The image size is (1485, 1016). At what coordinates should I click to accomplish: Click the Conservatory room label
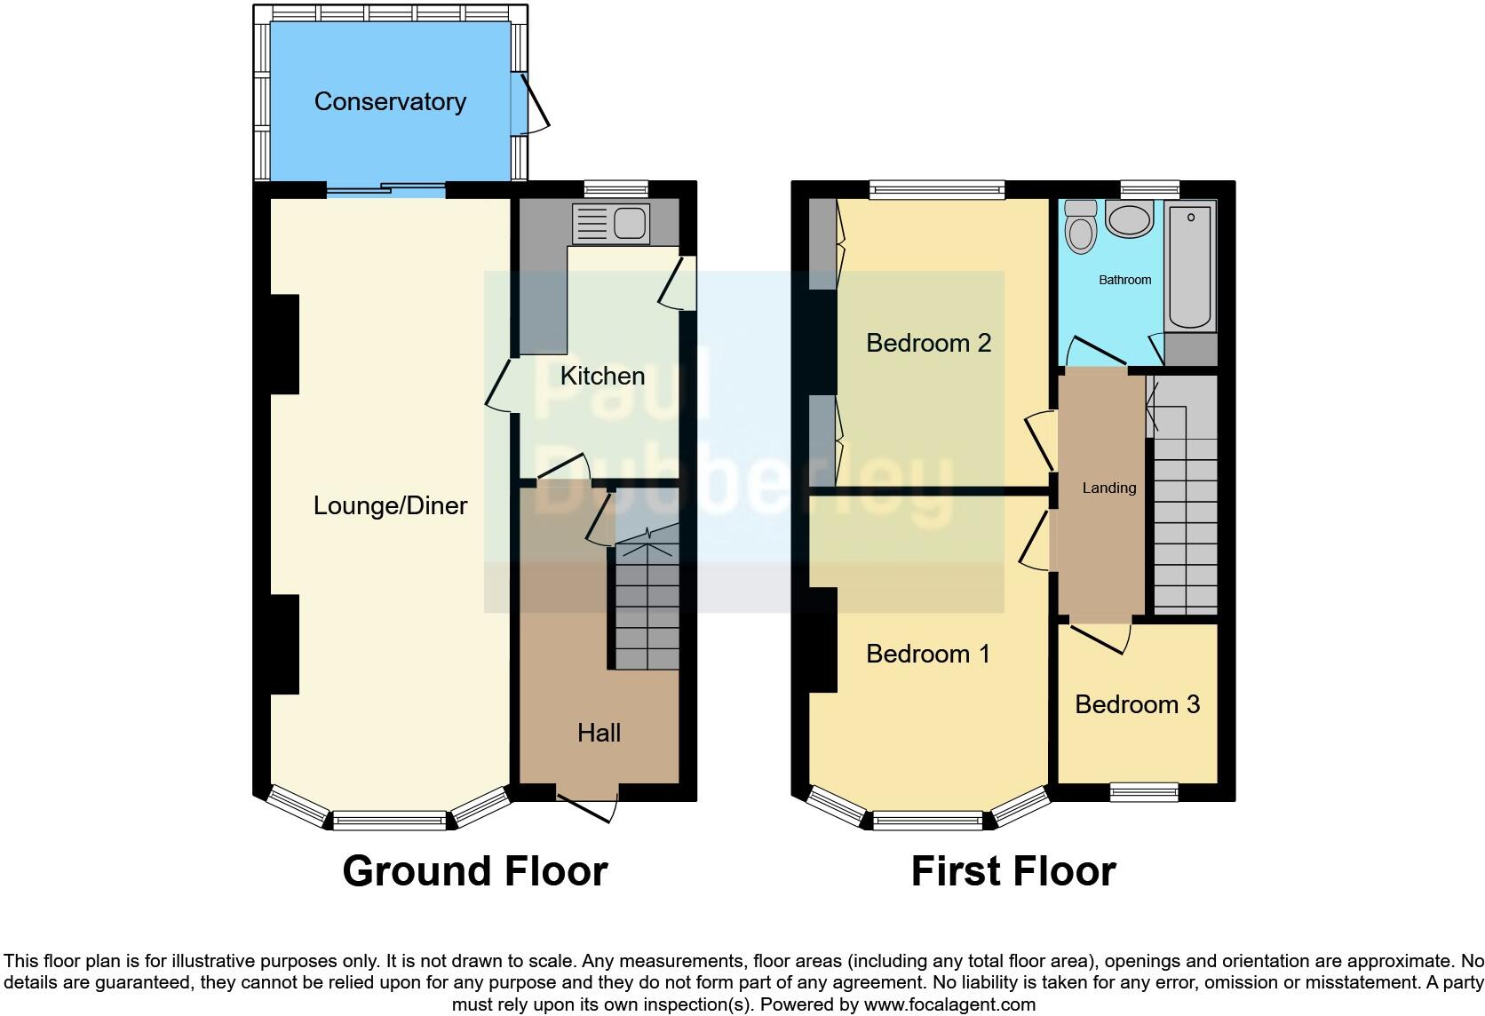[390, 101]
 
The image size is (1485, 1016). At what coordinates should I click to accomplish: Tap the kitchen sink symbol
[612, 222]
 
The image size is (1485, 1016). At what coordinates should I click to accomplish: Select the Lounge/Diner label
[390, 505]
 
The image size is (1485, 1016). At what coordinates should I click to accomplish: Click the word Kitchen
[602, 376]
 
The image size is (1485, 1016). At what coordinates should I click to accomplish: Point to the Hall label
[599, 733]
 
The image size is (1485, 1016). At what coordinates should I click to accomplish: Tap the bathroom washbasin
[1129, 219]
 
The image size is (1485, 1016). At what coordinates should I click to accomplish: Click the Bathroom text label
[1124, 280]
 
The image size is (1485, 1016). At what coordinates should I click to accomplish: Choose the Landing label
[1108, 488]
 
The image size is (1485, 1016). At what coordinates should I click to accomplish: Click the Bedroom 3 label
[1137, 704]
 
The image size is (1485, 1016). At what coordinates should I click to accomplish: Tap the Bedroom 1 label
[928, 654]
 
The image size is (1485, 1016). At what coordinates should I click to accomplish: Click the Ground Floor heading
[474, 871]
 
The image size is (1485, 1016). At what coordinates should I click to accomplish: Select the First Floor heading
[1012, 871]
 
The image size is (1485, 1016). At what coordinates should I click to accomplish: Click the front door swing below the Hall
[589, 805]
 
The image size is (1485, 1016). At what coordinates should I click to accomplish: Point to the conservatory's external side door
[530, 105]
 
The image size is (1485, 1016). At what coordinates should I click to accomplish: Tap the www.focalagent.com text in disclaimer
[949, 1005]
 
